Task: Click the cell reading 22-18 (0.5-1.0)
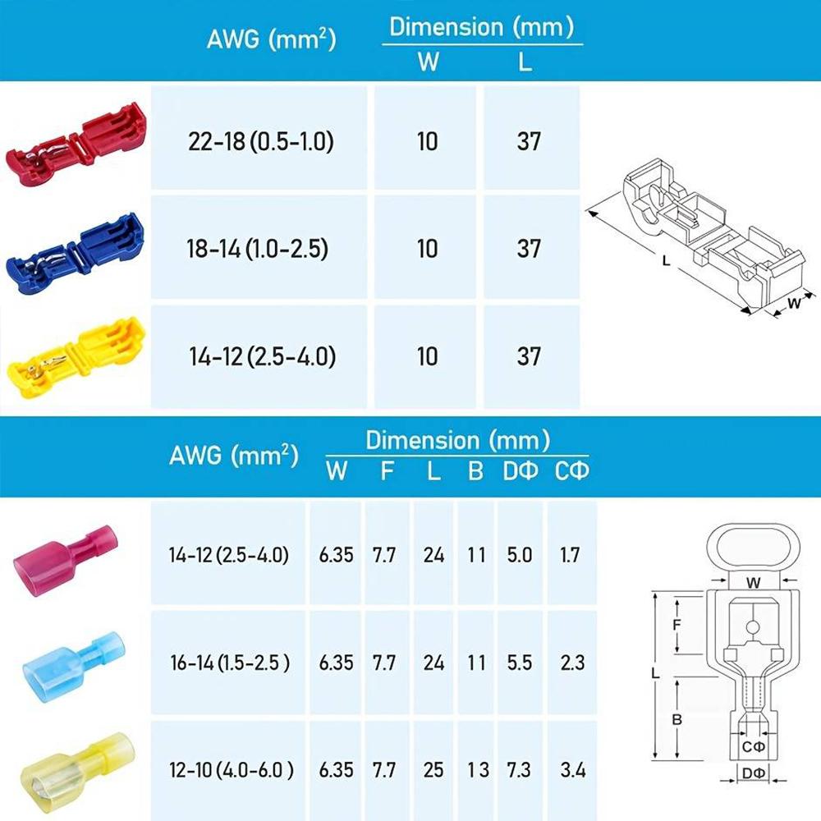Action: [259, 141]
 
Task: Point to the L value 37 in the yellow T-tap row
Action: [529, 356]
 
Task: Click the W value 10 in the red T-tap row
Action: [427, 141]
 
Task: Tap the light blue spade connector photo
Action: [71, 661]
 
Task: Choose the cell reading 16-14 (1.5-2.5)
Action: [229, 663]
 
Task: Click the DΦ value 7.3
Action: [519, 770]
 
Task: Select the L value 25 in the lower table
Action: [433, 770]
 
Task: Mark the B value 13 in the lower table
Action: [477, 770]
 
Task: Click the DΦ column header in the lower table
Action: [521, 471]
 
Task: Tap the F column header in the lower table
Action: [386, 471]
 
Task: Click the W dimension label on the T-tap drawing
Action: [794, 303]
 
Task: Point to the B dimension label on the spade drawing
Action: [677, 719]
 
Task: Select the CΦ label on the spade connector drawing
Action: [753, 746]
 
